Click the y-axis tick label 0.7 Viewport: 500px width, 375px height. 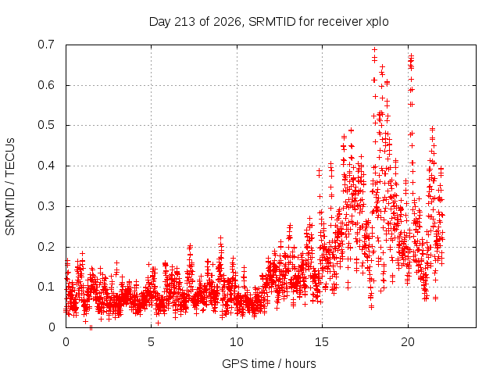point(46,45)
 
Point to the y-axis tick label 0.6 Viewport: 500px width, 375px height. point(46,85)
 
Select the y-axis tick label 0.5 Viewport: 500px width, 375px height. point(46,125)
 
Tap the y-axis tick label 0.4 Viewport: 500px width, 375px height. point(46,166)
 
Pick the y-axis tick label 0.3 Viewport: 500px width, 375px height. point(46,206)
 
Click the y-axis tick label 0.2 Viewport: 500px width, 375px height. point(46,247)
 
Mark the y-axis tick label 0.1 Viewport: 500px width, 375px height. point(46,287)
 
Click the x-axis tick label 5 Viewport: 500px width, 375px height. point(151,342)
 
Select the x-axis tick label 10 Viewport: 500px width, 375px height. point(236,342)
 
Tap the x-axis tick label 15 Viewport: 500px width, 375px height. point(322,342)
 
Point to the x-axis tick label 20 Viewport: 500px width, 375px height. point(408,342)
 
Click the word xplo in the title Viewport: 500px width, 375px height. point(377,22)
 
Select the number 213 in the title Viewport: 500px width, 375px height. point(185,22)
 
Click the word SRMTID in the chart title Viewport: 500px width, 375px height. point(272,22)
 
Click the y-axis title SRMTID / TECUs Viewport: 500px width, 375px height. point(10,187)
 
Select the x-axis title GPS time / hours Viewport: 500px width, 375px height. point(269,364)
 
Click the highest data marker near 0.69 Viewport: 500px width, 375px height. point(375,49)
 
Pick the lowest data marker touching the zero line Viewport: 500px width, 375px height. point(91,327)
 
